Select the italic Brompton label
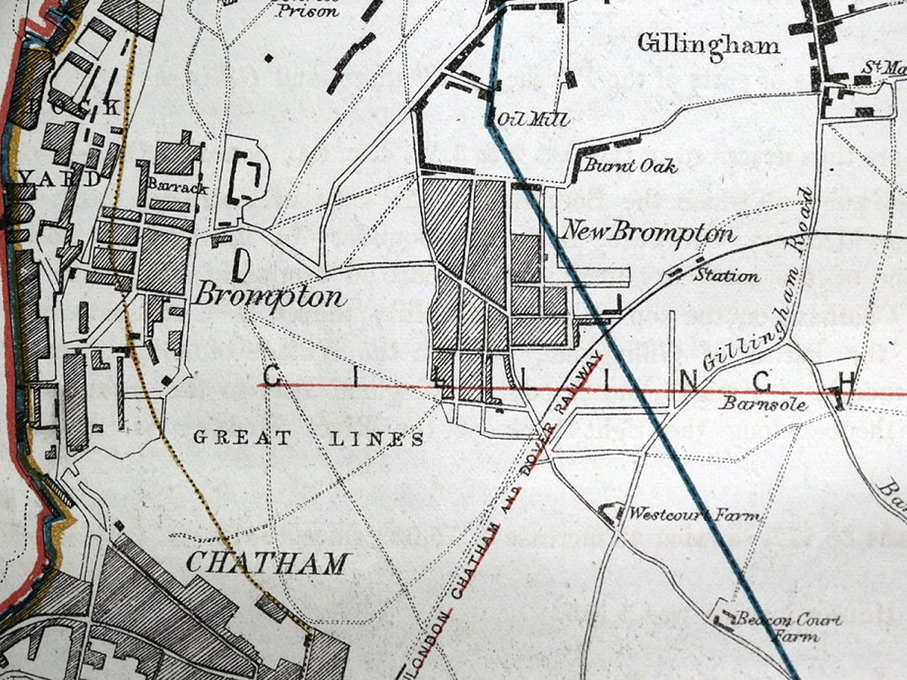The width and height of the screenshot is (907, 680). pyautogui.click(x=270, y=297)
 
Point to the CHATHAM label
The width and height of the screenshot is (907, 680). pyautogui.click(x=267, y=563)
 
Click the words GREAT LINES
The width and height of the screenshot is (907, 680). pyautogui.click(x=308, y=439)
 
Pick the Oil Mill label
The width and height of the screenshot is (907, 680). pyautogui.click(x=532, y=119)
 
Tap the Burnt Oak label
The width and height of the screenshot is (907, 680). pyautogui.click(x=630, y=166)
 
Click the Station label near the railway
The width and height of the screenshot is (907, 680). pyautogui.click(x=726, y=276)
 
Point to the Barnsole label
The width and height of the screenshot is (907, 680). pyautogui.click(x=763, y=405)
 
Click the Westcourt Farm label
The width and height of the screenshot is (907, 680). pyautogui.click(x=694, y=515)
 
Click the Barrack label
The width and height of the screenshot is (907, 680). pyautogui.click(x=177, y=186)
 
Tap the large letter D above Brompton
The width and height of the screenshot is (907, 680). pyautogui.click(x=242, y=266)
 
